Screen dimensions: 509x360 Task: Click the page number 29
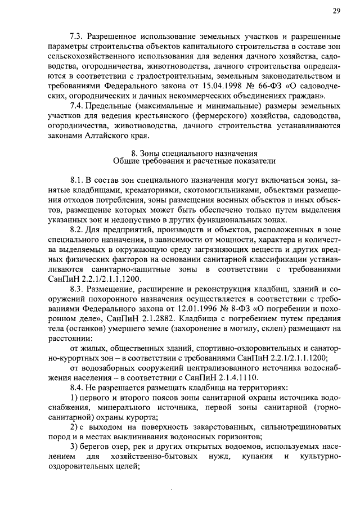336,11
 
